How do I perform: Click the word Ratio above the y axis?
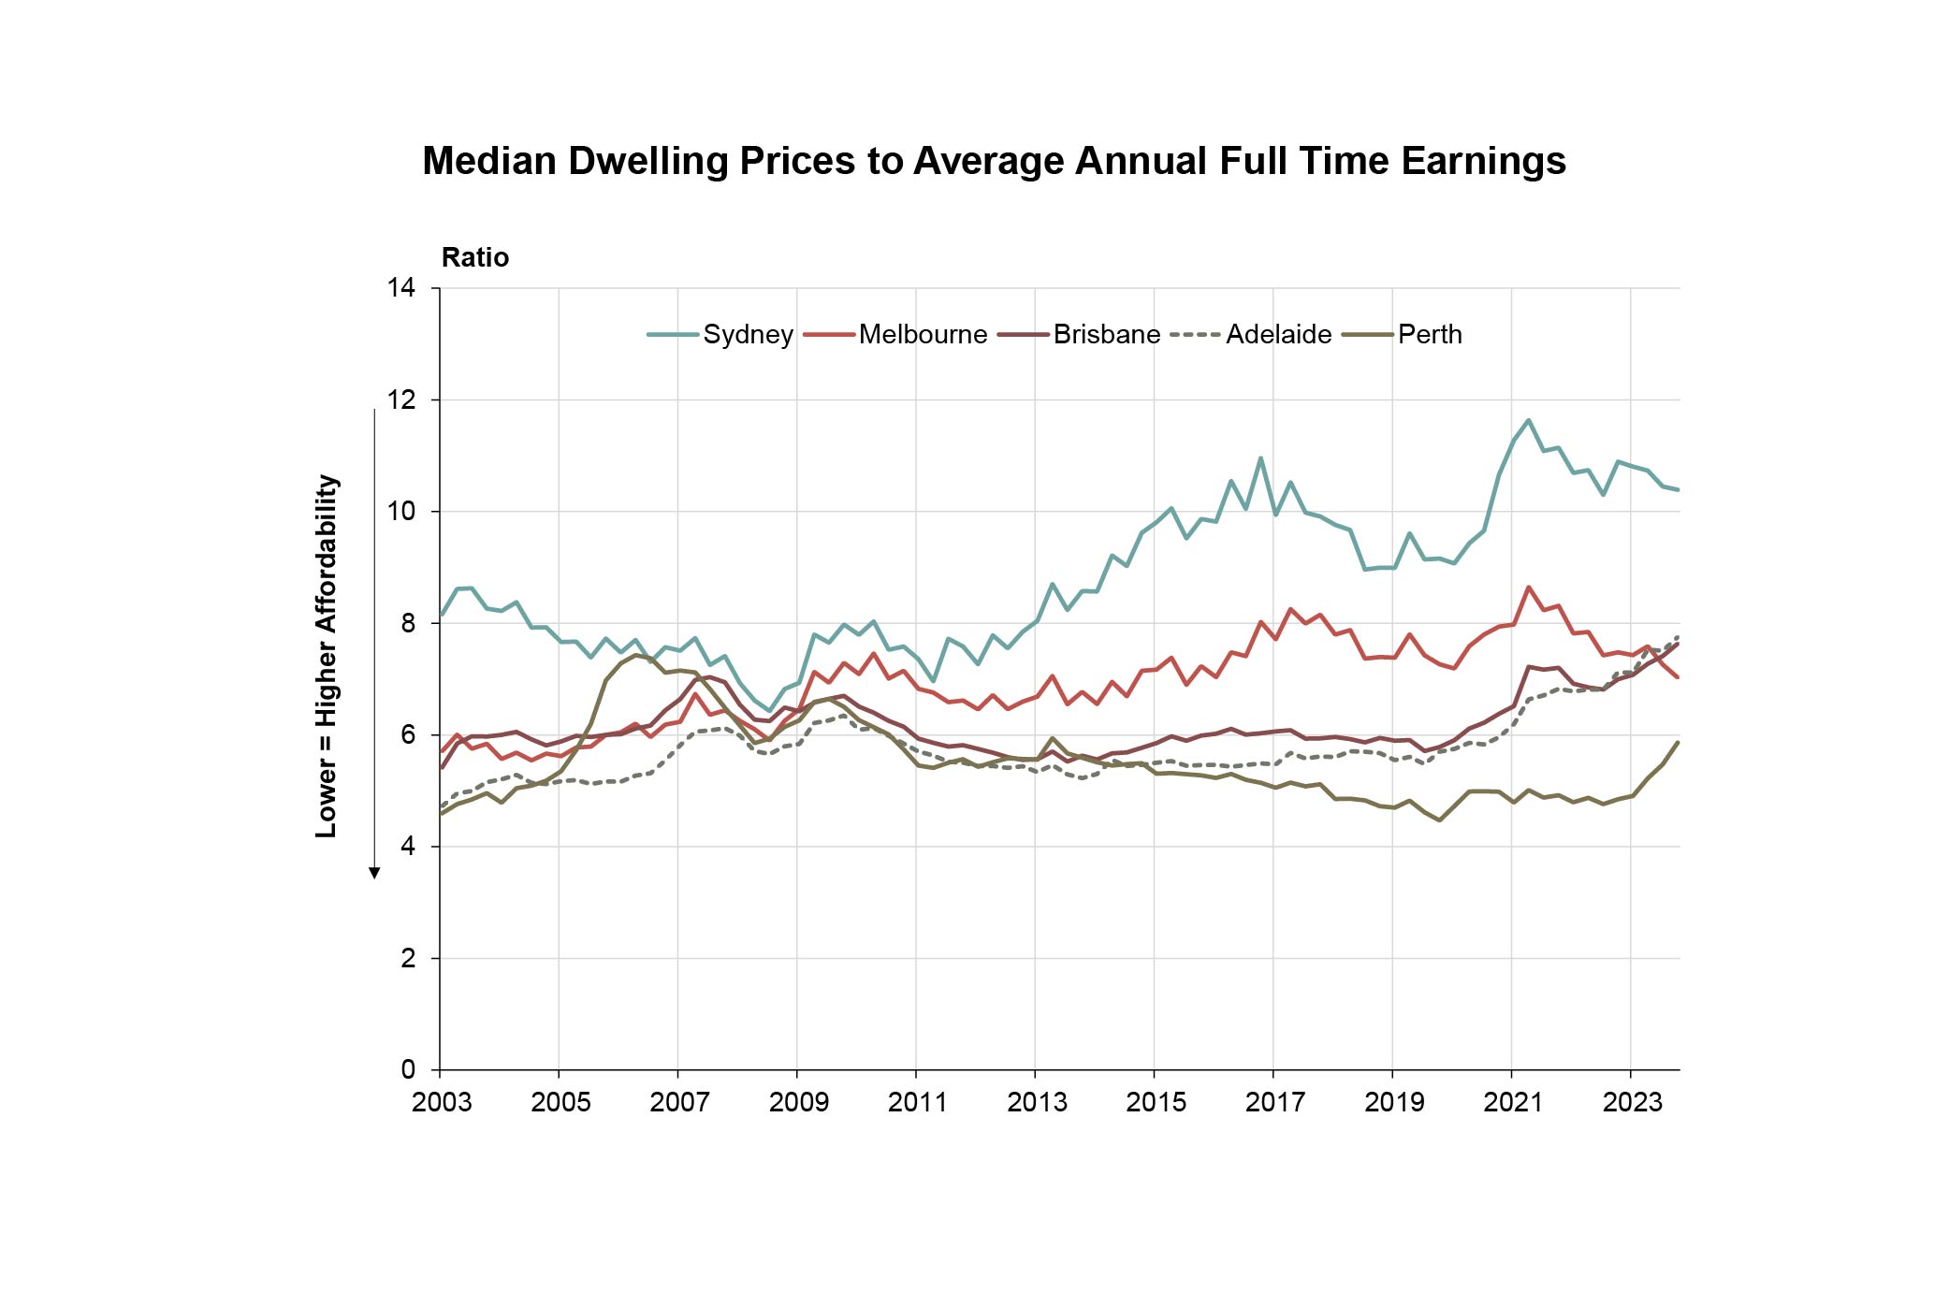pos(475,257)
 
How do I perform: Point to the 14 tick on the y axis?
pos(401,287)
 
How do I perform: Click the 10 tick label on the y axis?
pos(401,512)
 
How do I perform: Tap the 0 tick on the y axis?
pos(408,1069)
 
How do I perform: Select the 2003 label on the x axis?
pos(442,1103)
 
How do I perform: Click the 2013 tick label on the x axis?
pos(1037,1103)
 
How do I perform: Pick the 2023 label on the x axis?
pos(1632,1103)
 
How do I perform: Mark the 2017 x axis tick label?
pos(1274,1103)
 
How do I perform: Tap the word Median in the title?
pos(489,161)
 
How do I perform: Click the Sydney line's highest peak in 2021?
pos(1529,421)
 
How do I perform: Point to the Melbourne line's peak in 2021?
pos(1529,588)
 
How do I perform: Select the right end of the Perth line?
pos(1678,743)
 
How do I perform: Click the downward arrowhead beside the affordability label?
pos(374,873)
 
